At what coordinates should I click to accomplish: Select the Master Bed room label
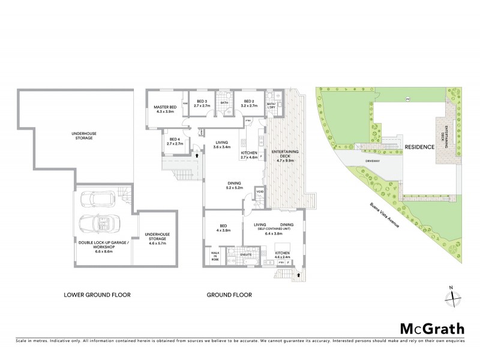coord(164,109)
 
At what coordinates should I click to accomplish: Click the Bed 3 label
coord(201,103)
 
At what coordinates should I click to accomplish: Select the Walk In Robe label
coord(215,256)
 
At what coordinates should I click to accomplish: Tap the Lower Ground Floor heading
coord(97,295)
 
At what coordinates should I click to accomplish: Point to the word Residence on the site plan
coord(418,146)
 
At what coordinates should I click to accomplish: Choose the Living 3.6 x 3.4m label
coord(223,144)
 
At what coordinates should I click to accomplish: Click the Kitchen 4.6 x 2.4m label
coord(282,256)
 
